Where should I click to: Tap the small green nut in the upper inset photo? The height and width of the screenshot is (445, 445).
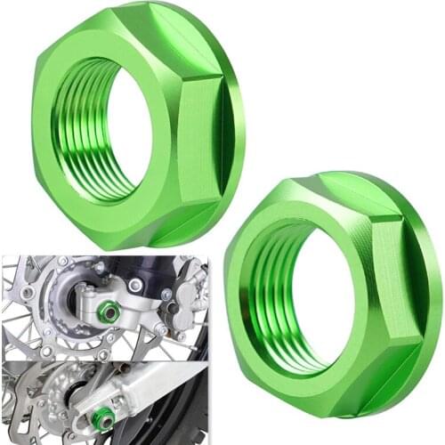[107, 311]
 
